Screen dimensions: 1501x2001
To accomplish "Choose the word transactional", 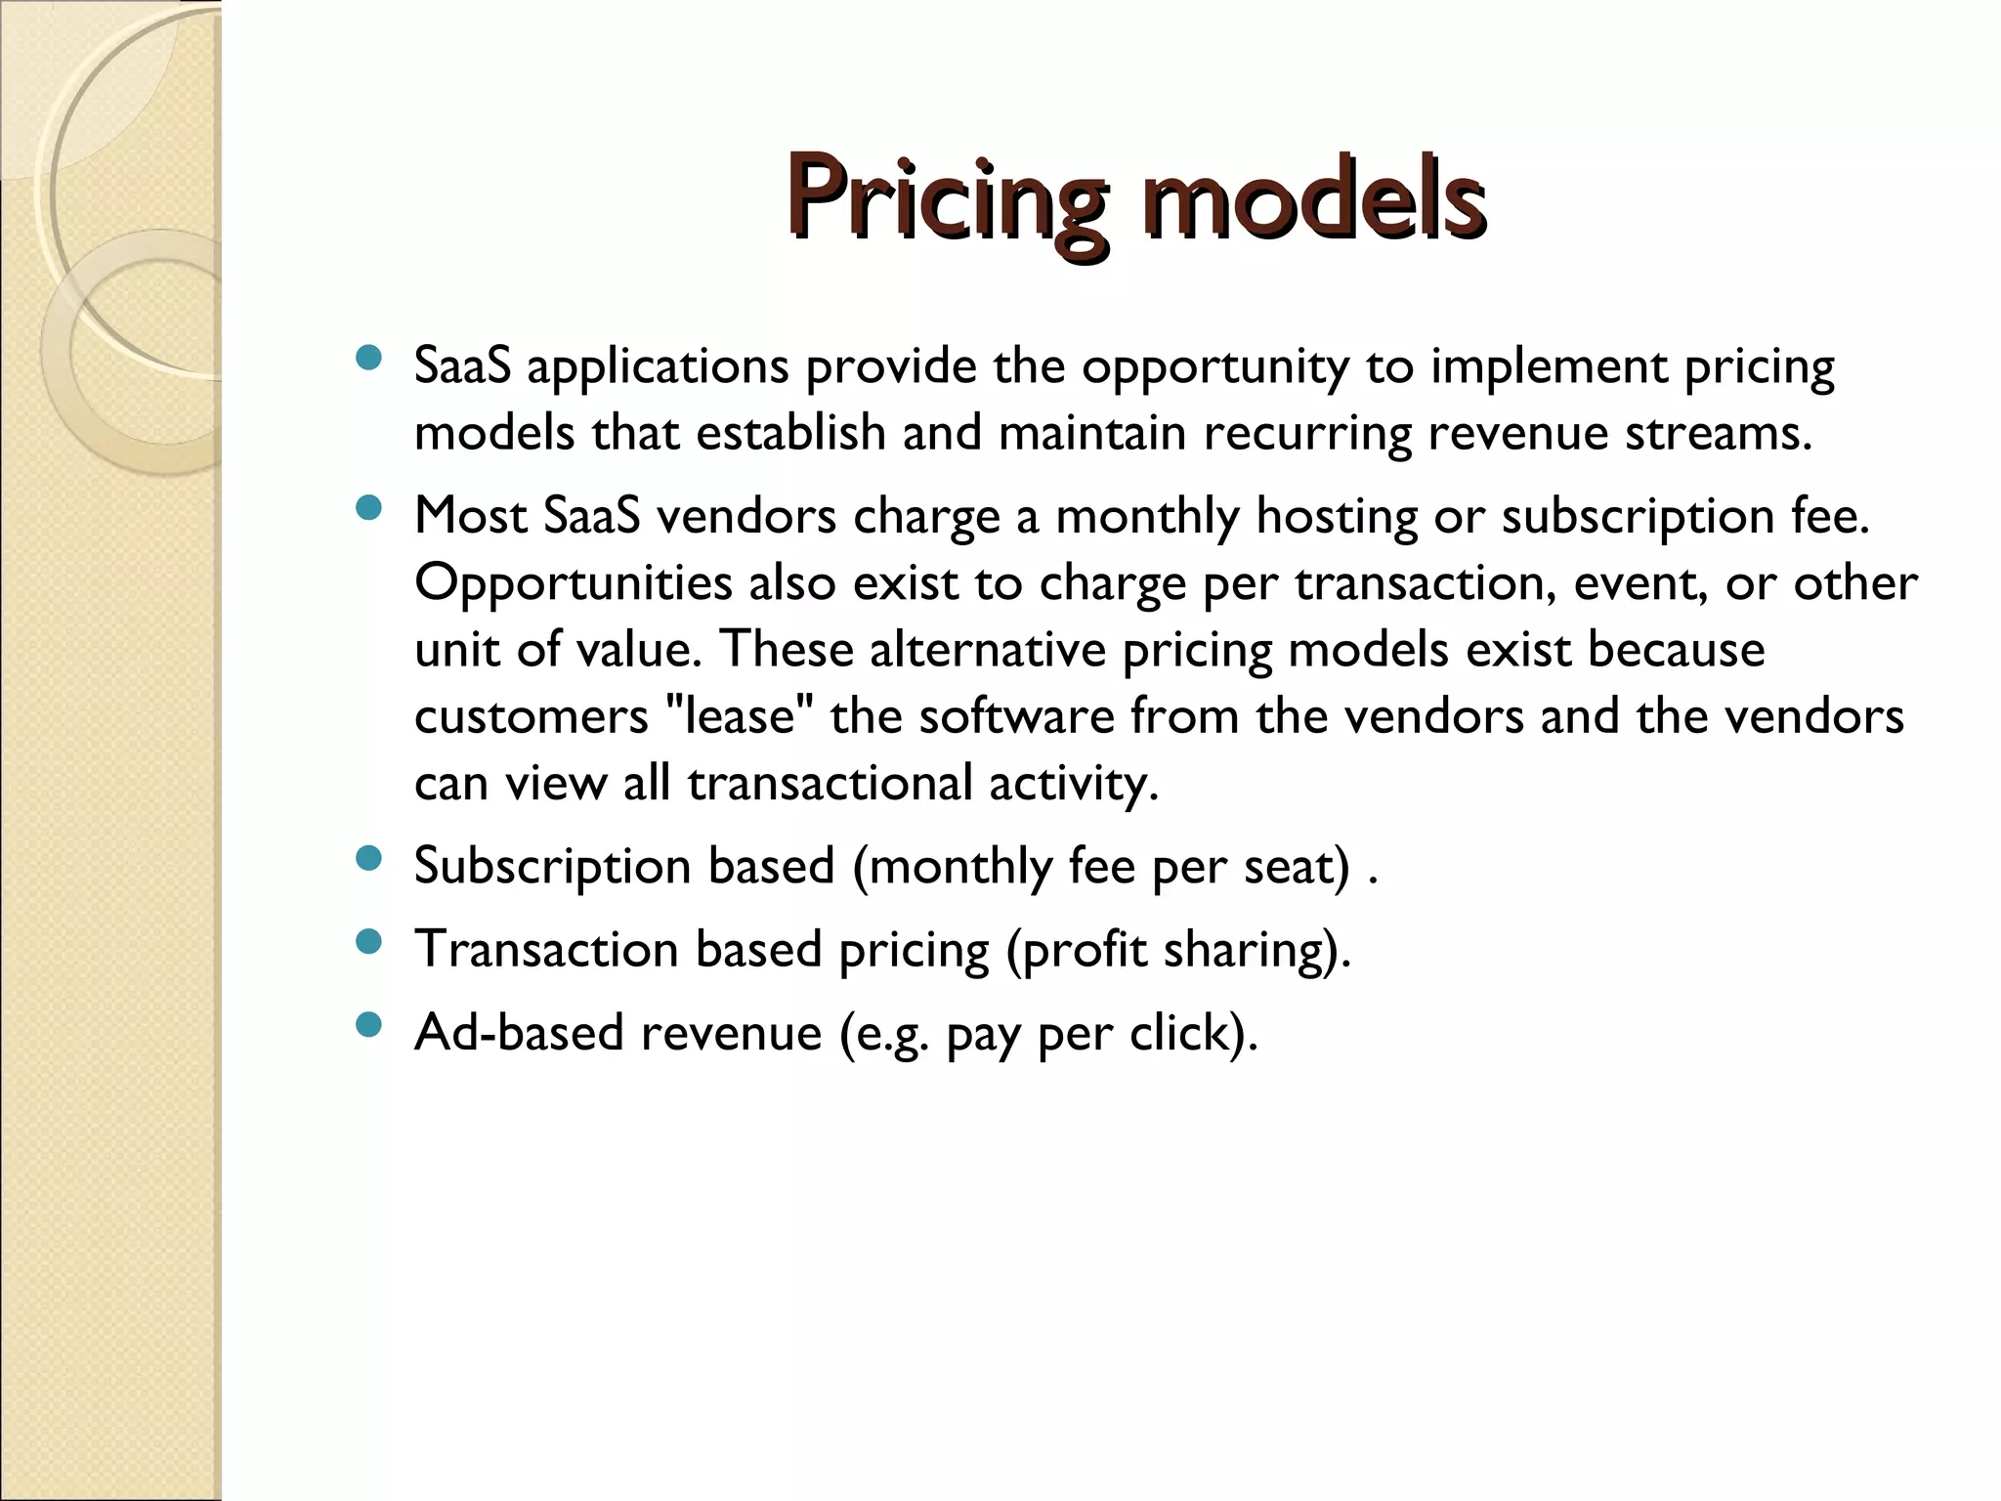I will pos(830,784).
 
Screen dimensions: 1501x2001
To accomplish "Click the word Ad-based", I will pos(519,1033).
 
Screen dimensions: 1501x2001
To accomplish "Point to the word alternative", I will pos(987,650).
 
